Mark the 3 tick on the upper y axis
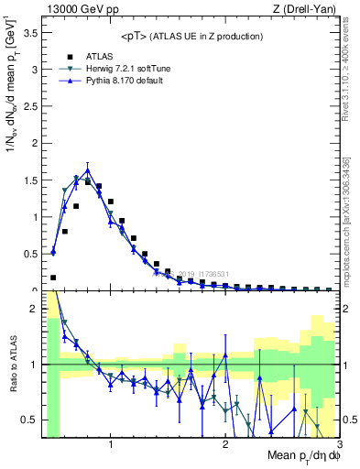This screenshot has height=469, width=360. point(33,70)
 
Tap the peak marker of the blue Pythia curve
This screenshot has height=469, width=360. point(87,170)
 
